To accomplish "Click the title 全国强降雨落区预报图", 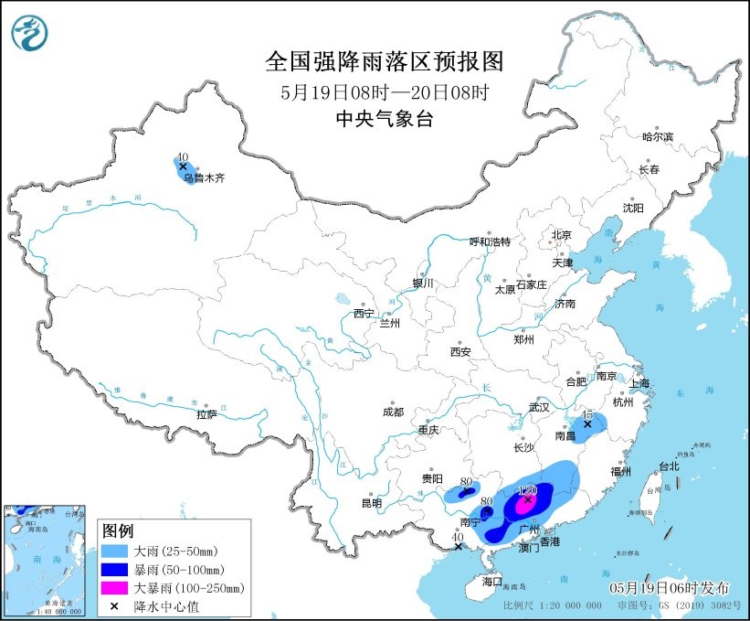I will pos(384,61).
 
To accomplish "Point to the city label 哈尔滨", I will pos(656,136).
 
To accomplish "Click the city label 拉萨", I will pos(206,414).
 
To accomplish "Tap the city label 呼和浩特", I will pos(490,241).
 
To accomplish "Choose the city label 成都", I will pos(394,412).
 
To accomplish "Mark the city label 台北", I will pos(669,466).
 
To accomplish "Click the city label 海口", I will pos(492,581).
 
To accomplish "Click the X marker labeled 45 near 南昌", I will pos(588,424).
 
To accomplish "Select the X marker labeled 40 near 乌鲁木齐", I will pos(183,166).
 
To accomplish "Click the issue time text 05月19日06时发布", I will pos(668,585).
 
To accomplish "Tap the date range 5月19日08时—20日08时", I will pos(384,91).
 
